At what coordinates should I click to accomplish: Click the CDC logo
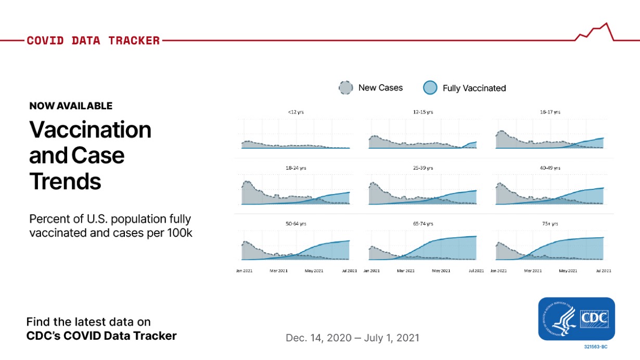(x=577, y=318)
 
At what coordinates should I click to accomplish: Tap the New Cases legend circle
(x=345, y=88)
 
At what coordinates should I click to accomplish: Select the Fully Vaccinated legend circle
(x=430, y=88)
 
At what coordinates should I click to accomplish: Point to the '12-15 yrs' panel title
(x=422, y=112)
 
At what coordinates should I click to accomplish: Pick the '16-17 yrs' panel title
(x=550, y=112)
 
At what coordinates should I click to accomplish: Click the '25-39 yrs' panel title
(x=422, y=168)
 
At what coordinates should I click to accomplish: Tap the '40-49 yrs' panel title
(x=550, y=168)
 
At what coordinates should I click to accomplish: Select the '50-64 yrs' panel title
(x=296, y=224)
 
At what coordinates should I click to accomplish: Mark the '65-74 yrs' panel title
(x=422, y=224)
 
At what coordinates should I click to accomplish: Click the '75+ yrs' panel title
(x=550, y=224)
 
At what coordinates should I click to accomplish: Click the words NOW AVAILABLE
(x=71, y=106)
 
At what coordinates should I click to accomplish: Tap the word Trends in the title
(x=65, y=182)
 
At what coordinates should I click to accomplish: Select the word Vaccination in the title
(x=90, y=130)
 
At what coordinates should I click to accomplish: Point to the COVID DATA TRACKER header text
(x=93, y=41)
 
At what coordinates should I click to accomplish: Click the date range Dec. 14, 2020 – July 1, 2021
(x=352, y=338)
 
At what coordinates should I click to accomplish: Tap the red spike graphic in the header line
(x=596, y=32)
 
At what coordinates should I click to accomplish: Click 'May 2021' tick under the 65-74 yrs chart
(x=441, y=271)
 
